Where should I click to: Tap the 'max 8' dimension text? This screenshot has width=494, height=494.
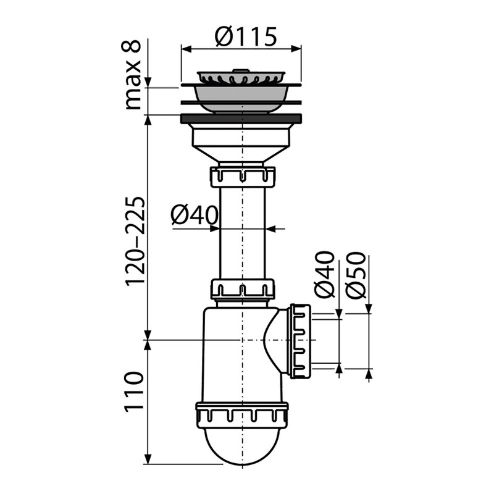pos(132,75)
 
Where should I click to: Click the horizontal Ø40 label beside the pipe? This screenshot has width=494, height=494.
pos(195,216)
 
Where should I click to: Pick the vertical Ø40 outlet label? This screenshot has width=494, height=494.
pos(325,275)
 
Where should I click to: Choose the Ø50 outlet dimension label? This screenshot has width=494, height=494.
pos(356,275)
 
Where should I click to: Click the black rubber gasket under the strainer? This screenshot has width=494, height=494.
pos(241,119)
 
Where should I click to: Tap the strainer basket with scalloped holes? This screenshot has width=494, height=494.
pos(241,78)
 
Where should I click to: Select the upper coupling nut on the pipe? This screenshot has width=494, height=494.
pos(242,177)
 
